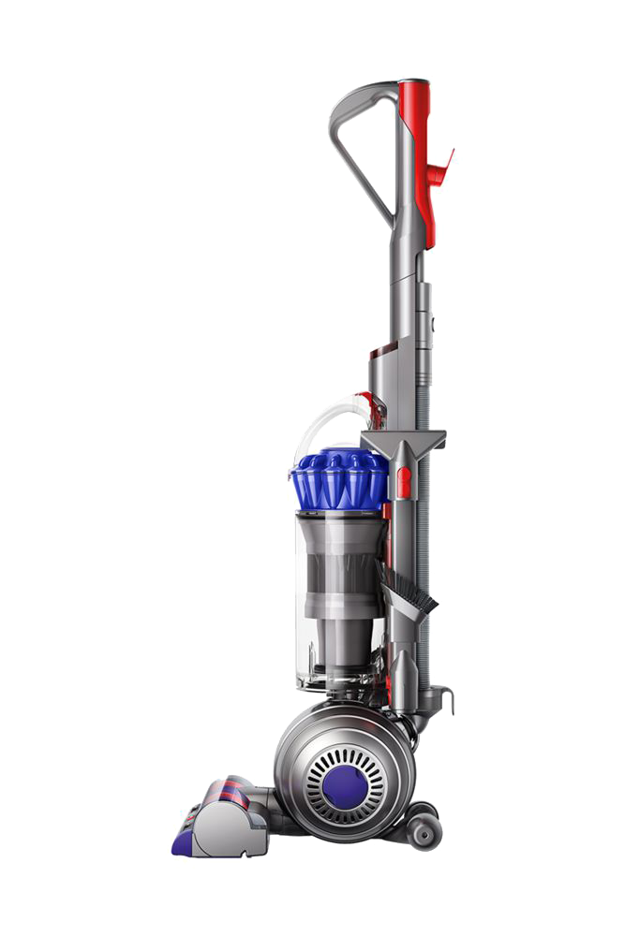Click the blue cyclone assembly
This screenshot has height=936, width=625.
[338, 479]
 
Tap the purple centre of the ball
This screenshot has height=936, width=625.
[342, 784]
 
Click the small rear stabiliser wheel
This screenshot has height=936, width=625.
[424, 829]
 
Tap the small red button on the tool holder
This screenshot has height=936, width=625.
[404, 482]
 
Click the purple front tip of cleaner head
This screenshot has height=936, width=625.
[183, 842]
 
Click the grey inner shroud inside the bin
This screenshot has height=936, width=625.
[337, 580]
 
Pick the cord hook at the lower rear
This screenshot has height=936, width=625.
[441, 697]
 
